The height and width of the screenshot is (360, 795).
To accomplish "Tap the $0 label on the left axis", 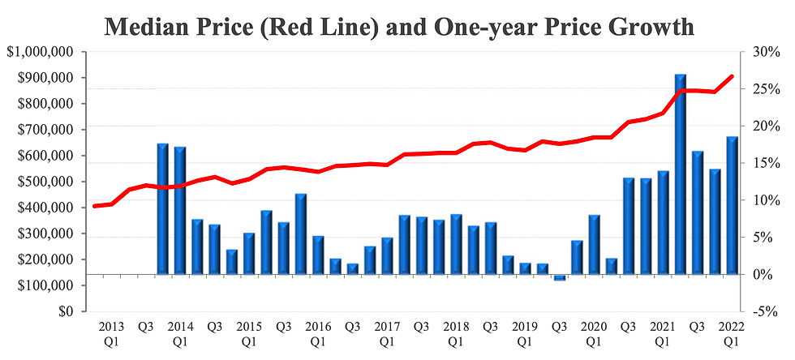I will click(66, 311).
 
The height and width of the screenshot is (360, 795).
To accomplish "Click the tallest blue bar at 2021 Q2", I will click(680, 174).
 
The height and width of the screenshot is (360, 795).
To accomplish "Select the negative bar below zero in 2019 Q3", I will click(559, 277).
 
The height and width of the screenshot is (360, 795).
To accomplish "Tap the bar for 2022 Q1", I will click(732, 206).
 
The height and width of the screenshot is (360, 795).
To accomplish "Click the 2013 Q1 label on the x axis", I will click(111, 333).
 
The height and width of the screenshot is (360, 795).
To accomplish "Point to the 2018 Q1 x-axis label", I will click(456, 333).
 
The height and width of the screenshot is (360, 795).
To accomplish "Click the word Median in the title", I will click(147, 26).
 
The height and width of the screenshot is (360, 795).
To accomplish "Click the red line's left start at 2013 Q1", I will click(95, 206).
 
